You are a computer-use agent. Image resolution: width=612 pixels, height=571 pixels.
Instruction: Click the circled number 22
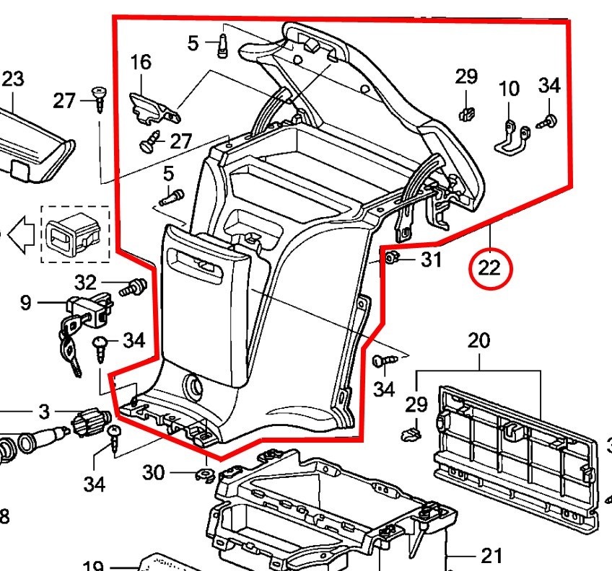click(489, 268)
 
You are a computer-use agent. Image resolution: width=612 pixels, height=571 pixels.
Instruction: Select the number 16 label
click(141, 62)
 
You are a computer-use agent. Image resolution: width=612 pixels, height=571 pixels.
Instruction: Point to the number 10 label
click(510, 89)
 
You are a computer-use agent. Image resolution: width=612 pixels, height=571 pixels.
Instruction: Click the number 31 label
click(431, 260)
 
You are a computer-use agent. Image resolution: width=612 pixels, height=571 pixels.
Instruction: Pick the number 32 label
click(86, 283)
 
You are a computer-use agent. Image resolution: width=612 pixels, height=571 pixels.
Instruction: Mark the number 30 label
click(153, 473)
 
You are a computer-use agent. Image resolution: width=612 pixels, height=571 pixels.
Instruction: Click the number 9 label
click(25, 303)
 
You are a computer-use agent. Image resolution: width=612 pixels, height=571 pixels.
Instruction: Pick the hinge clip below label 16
click(152, 107)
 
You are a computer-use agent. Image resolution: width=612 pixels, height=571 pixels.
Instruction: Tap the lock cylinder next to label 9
click(89, 309)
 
